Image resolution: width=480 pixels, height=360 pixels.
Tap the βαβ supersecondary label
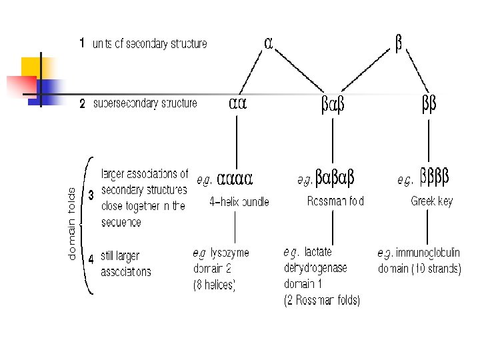[333, 104]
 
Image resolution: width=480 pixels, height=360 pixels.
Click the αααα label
[234, 179]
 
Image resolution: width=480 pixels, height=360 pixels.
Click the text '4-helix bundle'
[239, 202]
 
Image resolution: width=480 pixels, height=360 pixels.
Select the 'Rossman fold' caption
[335, 202]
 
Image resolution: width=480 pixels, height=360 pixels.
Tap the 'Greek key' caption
[431, 202]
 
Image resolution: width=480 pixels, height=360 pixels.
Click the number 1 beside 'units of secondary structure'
[81, 44]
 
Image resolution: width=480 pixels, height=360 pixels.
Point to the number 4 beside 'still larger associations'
[91, 259]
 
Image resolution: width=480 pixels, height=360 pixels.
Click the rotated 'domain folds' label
[72, 223]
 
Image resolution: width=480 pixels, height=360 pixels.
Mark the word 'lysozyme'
[229, 253]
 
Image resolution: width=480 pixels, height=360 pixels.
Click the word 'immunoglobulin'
[427, 253]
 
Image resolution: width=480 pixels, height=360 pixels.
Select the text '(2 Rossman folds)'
[321, 301]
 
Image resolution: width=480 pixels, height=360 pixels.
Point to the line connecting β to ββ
[416, 74]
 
